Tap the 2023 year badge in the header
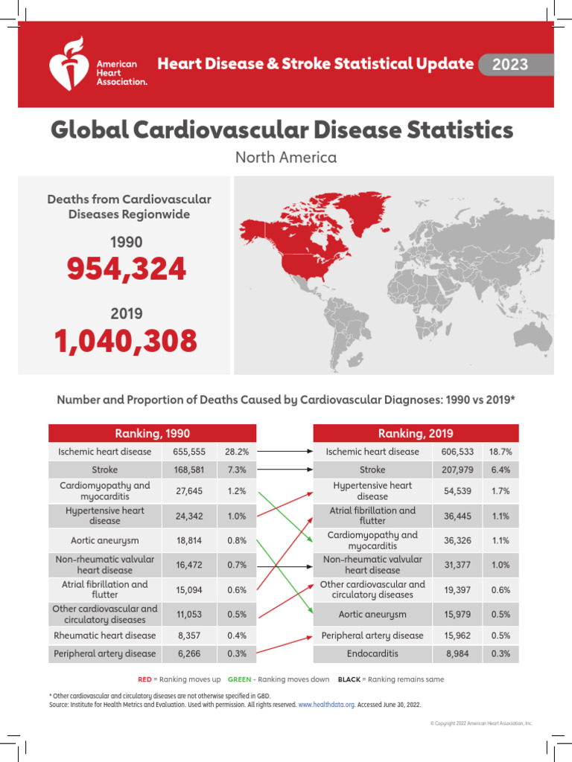(510, 65)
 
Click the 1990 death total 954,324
(127, 269)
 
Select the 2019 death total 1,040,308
(126, 342)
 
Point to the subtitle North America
(286, 158)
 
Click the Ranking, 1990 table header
(152, 434)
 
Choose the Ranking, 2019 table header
(416, 434)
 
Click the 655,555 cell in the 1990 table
(189, 452)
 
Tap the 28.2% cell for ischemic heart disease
(236, 452)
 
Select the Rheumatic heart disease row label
(105, 635)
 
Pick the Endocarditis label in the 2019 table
(372, 653)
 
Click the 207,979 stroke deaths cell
(456, 470)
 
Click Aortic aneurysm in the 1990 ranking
(105, 541)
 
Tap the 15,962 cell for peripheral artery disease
(456, 635)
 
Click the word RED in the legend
(144, 679)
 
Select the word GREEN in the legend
(239, 679)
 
